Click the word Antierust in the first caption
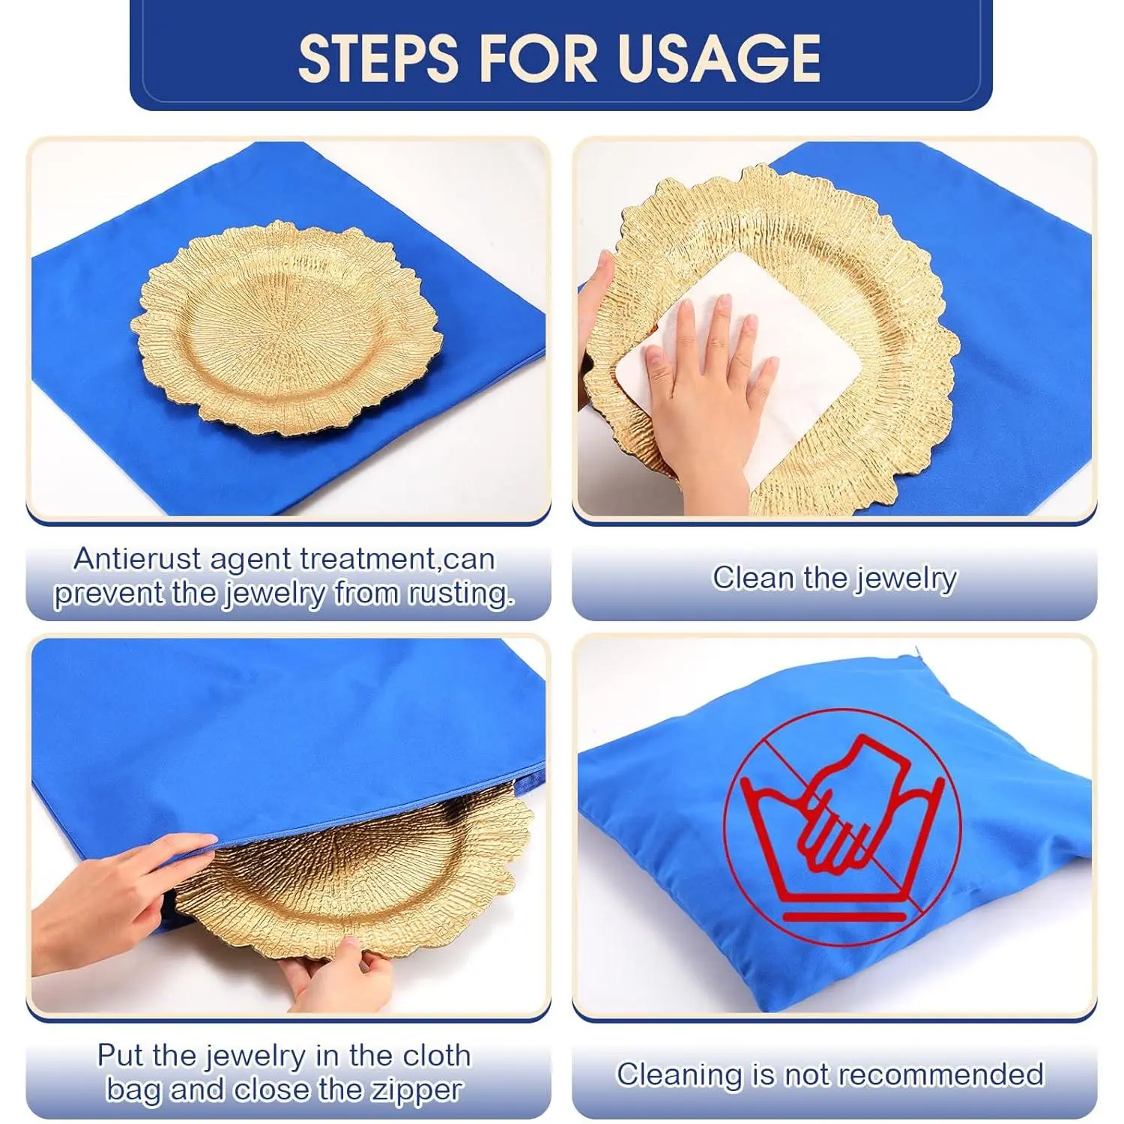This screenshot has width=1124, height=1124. coord(138,559)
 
